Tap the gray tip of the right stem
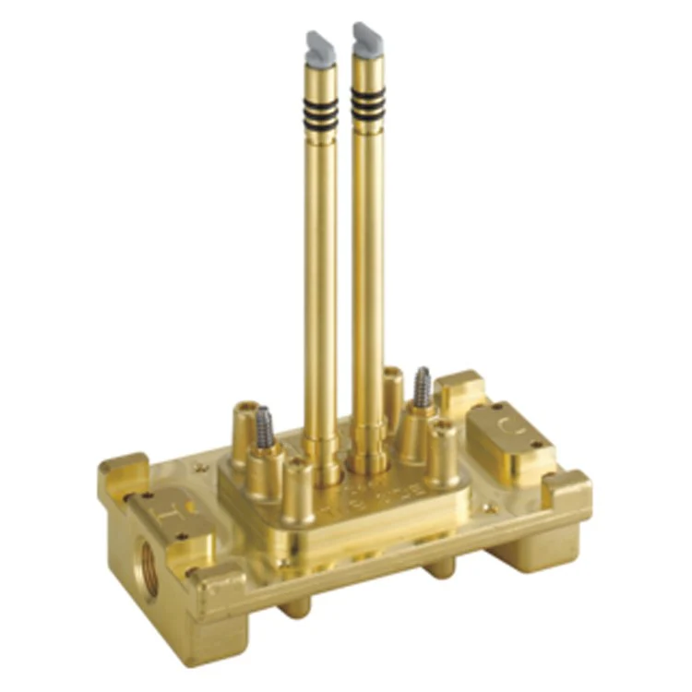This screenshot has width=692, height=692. click(366, 36)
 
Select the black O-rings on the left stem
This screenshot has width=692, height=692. click(323, 110)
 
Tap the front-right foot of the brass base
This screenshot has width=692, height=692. click(521, 554)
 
